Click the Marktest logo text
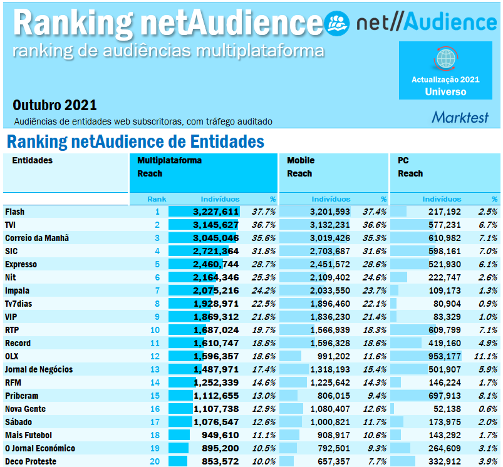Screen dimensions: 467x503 460,117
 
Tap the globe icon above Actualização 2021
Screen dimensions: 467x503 445,59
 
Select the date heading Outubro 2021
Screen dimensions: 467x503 54,105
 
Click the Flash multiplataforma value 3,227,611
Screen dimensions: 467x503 215,212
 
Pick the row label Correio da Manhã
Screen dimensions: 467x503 37,238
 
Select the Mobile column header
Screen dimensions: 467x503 301,161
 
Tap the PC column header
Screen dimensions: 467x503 403,161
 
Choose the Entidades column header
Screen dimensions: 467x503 33,161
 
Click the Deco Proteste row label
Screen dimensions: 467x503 31,461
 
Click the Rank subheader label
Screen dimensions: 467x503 157,199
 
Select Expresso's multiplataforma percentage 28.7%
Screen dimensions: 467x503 263,264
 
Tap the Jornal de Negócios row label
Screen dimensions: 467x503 39,369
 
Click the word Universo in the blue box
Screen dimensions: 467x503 445,91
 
